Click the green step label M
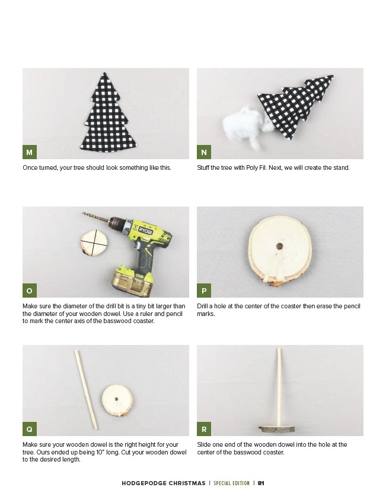30,152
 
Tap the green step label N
204,152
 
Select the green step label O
30,291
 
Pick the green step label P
204,291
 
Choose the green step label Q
30,429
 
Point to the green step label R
204,429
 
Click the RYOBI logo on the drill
146,230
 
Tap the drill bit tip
83,212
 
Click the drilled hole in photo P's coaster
280,247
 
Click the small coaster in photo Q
117,400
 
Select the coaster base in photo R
277,429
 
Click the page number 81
261,483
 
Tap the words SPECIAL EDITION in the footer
232,483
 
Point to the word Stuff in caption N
203,167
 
